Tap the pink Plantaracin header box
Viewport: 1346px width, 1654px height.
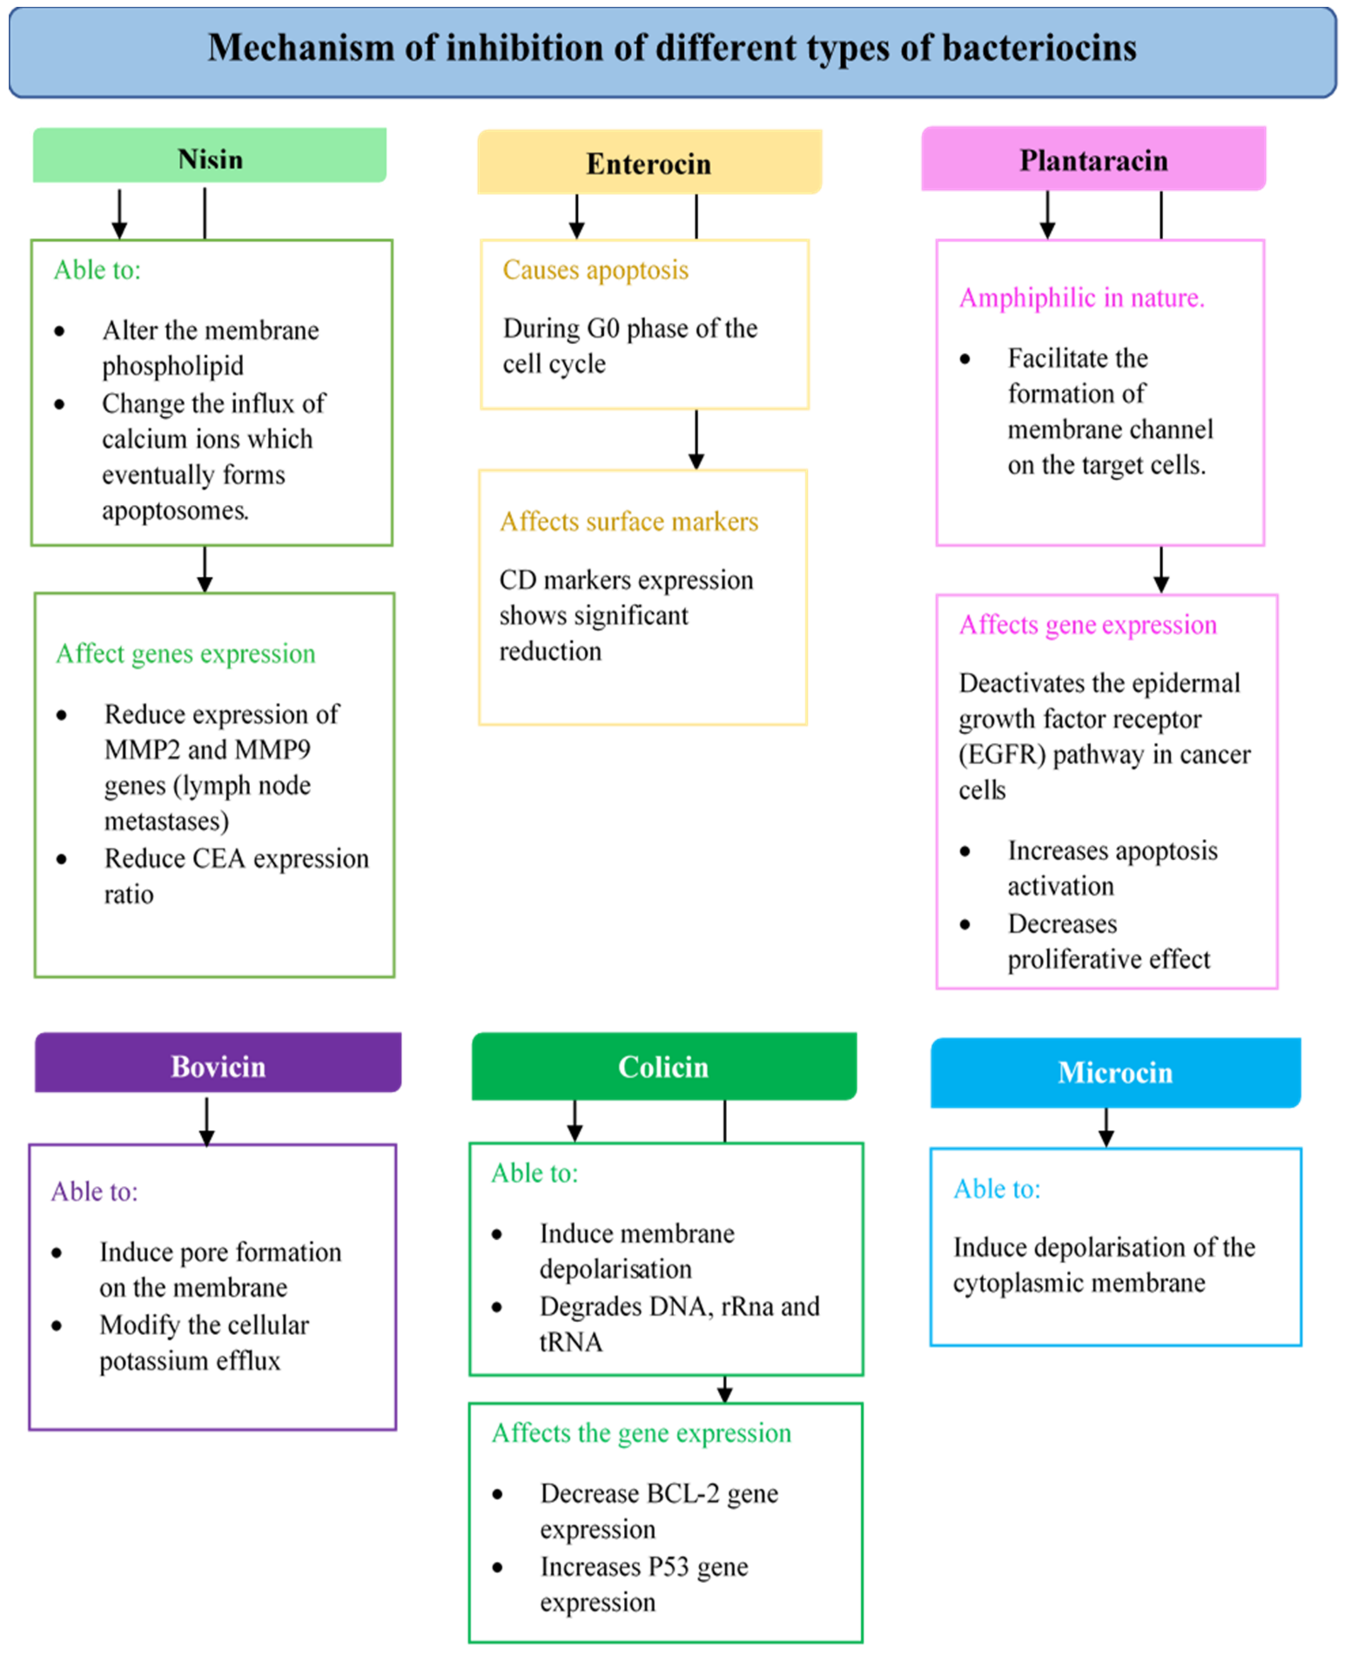click(1093, 159)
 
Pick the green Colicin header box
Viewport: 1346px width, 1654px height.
click(664, 1066)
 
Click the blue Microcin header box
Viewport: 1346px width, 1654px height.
click(1115, 1072)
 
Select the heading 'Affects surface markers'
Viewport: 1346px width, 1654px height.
click(629, 521)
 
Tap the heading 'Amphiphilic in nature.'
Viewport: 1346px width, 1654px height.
click(1082, 298)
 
